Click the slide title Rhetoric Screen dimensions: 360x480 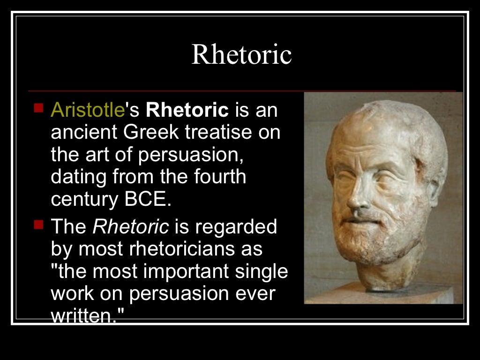coord(241,55)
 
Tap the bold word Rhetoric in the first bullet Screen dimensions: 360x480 coord(187,110)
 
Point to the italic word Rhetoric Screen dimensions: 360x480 coord(131,227)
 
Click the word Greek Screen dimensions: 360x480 coord(151,133)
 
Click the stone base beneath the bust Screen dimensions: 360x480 coord(398,293)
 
